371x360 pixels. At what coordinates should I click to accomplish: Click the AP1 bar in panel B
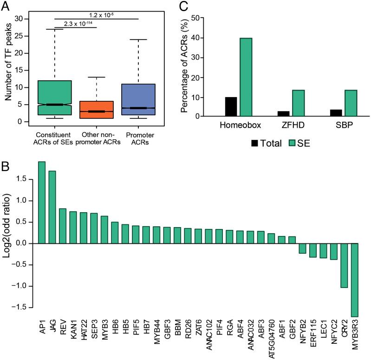tap(41, 203)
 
